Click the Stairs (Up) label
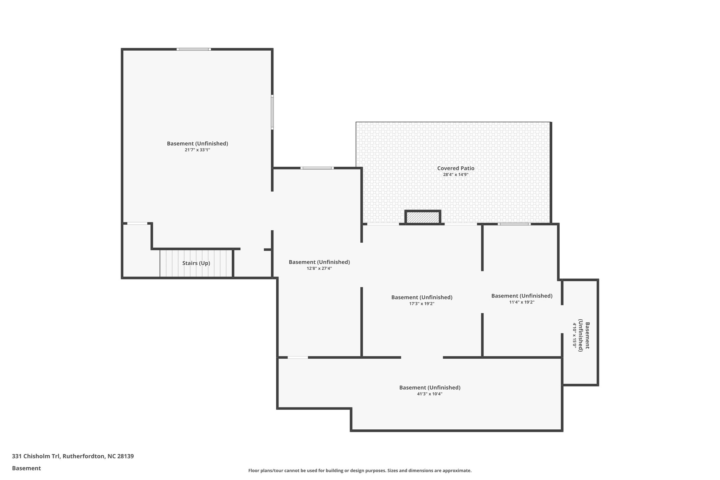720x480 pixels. pos(196,263)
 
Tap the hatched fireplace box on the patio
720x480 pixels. pos(423,218)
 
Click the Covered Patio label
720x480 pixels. pos(456,168)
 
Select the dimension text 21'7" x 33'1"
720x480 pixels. pos(197,150)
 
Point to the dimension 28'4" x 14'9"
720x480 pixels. pos(456,174)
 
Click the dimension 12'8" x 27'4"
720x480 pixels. pos(319,268)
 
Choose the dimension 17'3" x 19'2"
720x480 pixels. pos(422,303)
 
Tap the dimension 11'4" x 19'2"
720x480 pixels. pos(522,302)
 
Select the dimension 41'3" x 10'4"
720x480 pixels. pos(430,394)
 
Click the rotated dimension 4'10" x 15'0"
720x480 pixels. pos(575,335)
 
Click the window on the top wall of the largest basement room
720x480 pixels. pos(194,49)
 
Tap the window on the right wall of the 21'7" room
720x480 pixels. pos(272,112)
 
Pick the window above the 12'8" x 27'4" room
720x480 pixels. pos(317,168)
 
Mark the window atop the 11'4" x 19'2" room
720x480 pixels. pos(514,224)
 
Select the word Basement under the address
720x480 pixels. pos(26,468)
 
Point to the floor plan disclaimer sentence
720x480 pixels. pos(360,471)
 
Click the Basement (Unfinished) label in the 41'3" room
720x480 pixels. pos(430,388)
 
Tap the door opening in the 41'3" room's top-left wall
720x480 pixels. pos(298,357)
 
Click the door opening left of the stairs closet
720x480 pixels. pos(137,223)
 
